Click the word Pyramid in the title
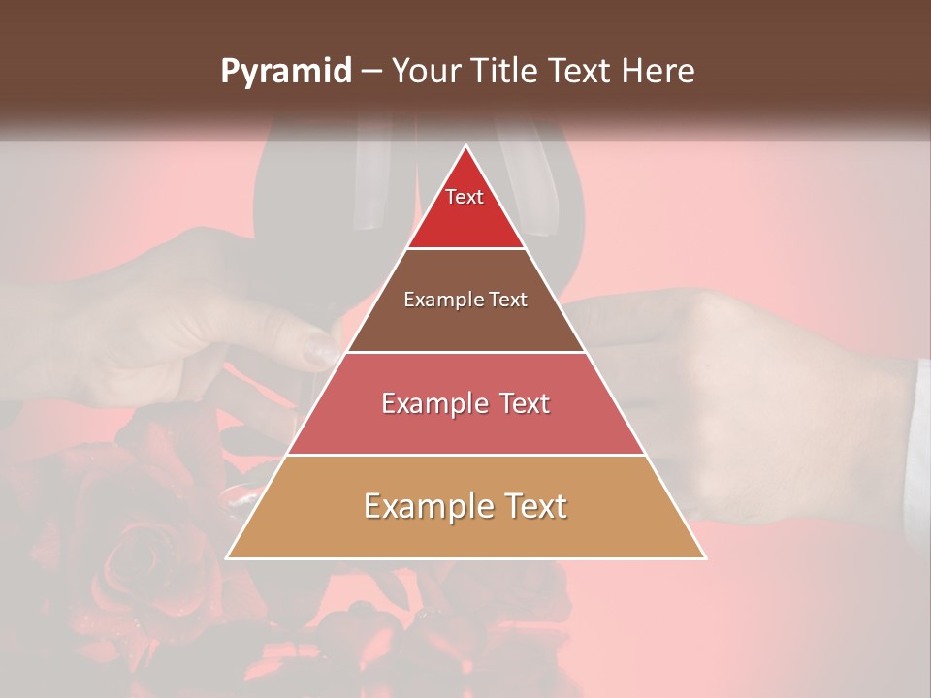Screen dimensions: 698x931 point(285,72)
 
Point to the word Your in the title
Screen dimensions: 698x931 point(424,71)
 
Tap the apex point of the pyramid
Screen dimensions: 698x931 point(466,147)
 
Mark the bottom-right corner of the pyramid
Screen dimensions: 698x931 point(704,557)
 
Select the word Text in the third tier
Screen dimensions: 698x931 point(519,403)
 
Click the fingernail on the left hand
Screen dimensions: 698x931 point(317,347)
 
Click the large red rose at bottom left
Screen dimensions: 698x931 point(136,562)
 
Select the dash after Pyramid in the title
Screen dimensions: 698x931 point(370,72)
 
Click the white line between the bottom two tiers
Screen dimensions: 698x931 point(465,455)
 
